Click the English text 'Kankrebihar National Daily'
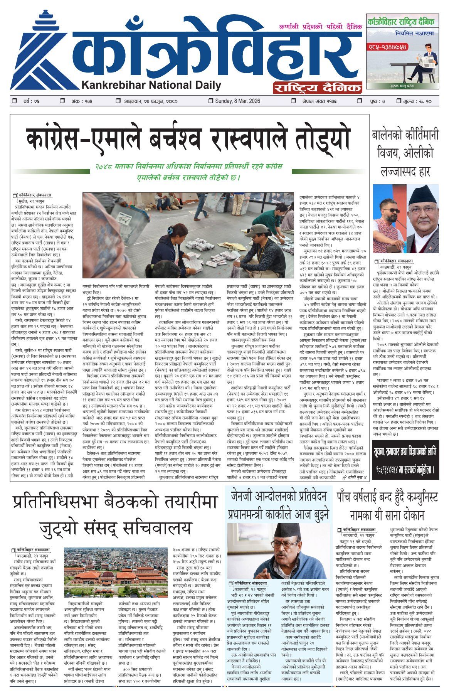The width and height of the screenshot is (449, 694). coord(151,85)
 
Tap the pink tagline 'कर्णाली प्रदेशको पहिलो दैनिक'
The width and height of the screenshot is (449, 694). coord(320,27)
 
